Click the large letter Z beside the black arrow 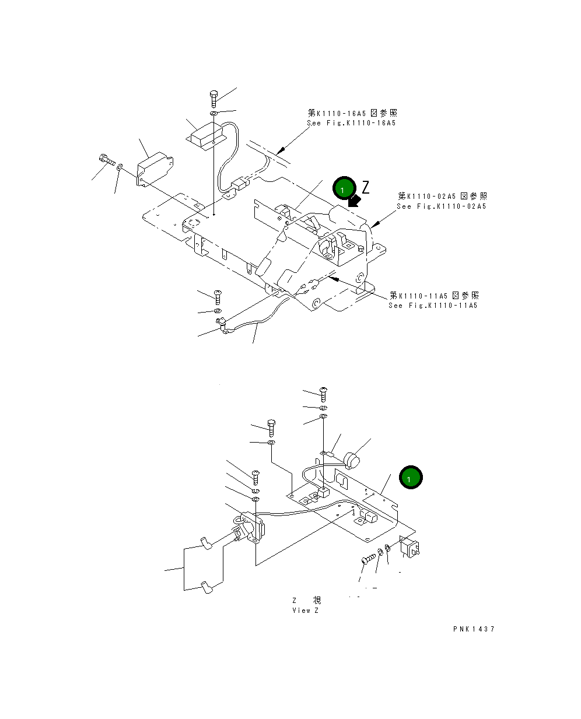pos(366,187)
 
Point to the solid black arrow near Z pos(353,201)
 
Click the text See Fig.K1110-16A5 pos(351,123)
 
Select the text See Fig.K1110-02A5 pos(441,206)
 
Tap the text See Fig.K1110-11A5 pos(433,306)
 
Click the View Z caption pos(306,611)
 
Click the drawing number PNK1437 pos(473,629)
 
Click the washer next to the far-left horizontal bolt pos(120,167)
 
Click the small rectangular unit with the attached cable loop pos(205,136)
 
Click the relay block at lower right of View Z pos(411,546)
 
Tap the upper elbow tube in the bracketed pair pos(206,543)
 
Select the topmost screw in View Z pos(324,394)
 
